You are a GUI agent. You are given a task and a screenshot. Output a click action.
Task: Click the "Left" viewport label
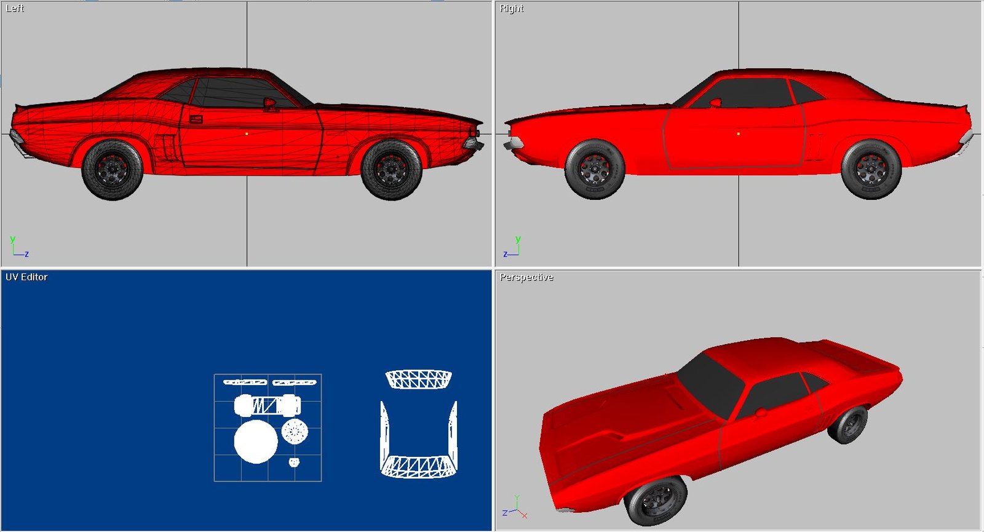coord(15,9)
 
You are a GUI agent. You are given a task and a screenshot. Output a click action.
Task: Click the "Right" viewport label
coord(511,9)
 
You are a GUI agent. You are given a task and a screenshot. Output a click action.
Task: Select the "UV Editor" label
coord(26,277)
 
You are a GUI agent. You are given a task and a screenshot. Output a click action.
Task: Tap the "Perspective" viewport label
coord(526,277)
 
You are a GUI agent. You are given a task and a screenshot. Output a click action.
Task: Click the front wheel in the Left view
coord(391,170)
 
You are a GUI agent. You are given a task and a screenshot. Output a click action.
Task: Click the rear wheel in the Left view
coord(113,170)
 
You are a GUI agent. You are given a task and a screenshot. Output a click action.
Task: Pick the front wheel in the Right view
coord(594,170)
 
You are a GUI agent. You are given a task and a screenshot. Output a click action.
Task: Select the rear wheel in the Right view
coord(871,170)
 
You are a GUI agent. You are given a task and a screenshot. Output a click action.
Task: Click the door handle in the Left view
coord(196,119)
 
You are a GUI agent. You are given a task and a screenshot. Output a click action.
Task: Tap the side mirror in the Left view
coord(270,104)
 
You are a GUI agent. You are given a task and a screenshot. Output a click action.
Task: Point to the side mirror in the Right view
coord(715,103)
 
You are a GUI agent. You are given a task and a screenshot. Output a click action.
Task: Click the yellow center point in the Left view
coord(247,133)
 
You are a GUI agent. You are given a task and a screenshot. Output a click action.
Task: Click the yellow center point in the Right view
coord(739,133)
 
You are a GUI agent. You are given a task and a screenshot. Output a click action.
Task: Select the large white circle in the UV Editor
coord(256,442)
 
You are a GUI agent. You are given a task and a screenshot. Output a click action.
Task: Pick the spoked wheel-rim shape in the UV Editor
coord(295,431)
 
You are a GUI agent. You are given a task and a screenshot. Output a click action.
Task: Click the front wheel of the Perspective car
coord(655,500)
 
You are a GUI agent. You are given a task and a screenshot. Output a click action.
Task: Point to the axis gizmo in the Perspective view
coord(515,508)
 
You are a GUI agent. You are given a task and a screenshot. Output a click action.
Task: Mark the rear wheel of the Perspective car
coord(847,424)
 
